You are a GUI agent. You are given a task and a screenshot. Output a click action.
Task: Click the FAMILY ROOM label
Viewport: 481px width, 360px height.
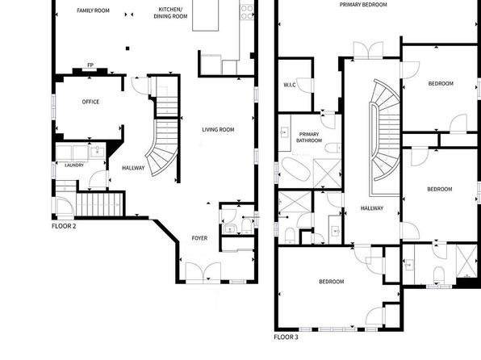tap(93, 10)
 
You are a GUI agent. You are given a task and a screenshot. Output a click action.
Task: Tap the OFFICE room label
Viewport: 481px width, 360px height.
tap(90, 102)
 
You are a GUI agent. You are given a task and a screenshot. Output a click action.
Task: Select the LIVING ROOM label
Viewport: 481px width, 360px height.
tap(218, 129)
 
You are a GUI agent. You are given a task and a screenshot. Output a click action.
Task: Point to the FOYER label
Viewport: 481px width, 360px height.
tap(199, 238)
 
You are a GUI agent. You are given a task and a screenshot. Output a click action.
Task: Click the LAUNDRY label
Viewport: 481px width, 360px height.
tap(74, 165)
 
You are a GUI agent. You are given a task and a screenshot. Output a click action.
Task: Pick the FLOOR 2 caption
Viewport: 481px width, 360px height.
tap(64, 226)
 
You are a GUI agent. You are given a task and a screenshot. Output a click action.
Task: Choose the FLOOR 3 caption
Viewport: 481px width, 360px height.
tap(286, 337)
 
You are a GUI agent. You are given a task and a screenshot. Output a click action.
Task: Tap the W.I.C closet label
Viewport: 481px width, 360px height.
tap(290, 85)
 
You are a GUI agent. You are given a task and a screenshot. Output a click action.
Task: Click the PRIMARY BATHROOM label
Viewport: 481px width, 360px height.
tap(309, 137)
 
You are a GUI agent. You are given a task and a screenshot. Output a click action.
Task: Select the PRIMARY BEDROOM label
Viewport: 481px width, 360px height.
tap(363, 5)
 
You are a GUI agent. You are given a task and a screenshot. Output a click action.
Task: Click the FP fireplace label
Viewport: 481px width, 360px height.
tap(90, 65)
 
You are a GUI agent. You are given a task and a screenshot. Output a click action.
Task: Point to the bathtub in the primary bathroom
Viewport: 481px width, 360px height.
tap(296, 170)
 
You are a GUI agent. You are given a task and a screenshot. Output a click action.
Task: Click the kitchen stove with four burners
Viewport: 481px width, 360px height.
tap(247, 12)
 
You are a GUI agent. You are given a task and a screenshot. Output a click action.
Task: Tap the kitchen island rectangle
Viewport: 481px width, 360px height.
tap(206, 15)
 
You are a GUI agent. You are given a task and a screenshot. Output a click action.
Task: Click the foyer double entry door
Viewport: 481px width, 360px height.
tap(203, 271)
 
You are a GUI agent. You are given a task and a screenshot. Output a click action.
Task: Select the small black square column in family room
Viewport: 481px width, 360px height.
tap(128, 48)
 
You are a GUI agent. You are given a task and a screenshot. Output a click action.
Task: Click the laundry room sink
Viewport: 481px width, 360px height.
tap(98, 152)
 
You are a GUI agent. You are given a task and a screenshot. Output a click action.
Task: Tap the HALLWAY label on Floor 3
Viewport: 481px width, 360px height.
tap(372, 208)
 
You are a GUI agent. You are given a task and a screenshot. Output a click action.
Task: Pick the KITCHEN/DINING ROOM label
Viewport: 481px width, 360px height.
tap(170, 13)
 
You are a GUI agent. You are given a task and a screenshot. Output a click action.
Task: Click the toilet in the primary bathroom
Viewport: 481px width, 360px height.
tap(333, 149)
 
